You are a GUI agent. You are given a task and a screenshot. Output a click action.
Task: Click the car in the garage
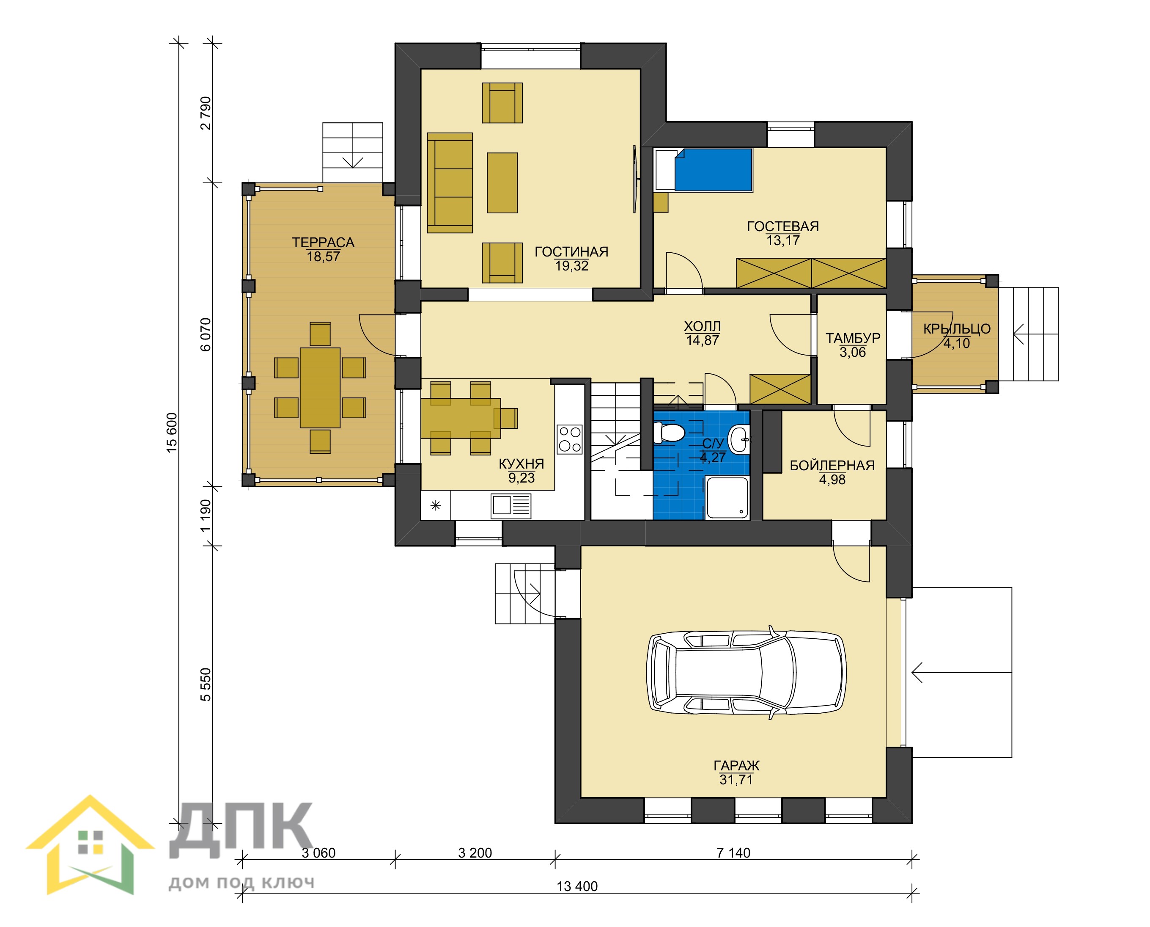pyautogui.click(x=746, y=673)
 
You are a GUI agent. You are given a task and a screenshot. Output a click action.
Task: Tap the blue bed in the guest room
pyautogui.click(x=714, y=170)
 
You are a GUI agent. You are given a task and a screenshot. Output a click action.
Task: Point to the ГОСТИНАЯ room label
pyautogui.click(x=571, y=251)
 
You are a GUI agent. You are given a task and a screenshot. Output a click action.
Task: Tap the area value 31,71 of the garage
pyautogui.click(x=736, y=780)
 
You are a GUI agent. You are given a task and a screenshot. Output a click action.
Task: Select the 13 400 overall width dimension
pyautogui.click(x=577, y=886)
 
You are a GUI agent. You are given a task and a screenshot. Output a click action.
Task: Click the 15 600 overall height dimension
pyautogui.click(x=172, y=433)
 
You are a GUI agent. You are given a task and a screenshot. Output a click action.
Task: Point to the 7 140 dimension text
pyautogui.click(x=733, y=853)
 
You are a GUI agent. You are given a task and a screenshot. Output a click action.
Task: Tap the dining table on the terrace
pyautogui.click(x=320, y=388)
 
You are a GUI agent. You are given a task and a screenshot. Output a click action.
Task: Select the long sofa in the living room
pyautogui.click(x=450, y=182)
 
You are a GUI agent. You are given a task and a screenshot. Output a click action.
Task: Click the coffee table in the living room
pyautogui.click(x=502, y=182)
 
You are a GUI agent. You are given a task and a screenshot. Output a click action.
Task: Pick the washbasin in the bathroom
pyautogui.click(x=739, y=440)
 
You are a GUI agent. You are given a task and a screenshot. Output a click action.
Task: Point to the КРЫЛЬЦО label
pyautogui.click(x=957, y=329)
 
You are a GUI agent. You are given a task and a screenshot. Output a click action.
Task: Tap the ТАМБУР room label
pyautogui.click(x=853, y=338)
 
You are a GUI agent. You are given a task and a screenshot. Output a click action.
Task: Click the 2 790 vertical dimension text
pyautogui.click(x=206, y=113)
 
